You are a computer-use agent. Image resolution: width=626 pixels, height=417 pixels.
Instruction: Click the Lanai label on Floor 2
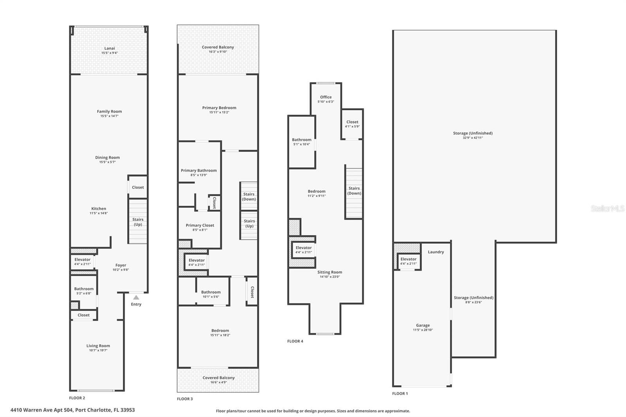[110, 49]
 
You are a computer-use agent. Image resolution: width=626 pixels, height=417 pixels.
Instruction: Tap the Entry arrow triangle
[136, 297]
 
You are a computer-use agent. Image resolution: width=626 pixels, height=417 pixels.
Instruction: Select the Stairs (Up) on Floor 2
[138, 222]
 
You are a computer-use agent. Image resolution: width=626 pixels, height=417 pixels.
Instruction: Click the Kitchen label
[99, 208]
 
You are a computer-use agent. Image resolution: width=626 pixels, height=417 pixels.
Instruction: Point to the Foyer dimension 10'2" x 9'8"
[121, 270]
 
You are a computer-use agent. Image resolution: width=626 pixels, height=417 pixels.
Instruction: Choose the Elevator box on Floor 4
[304, 250]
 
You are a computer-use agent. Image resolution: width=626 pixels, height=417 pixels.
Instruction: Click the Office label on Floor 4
[326, 97]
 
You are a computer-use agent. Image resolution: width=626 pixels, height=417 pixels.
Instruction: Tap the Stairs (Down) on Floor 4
[354, 191]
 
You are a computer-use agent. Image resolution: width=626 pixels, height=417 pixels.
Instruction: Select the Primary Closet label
[200, 225]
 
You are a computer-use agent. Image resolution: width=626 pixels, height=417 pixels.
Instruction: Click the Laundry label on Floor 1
[436, 252]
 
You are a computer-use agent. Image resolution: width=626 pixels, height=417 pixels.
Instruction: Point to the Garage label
[423, 325]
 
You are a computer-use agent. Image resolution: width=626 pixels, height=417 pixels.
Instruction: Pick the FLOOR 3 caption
[185, 399]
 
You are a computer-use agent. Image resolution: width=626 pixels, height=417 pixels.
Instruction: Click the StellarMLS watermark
[607, 209]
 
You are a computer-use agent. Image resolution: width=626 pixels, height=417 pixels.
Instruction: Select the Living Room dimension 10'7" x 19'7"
[98, 350]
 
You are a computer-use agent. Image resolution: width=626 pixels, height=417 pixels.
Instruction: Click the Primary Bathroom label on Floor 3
[199, 171]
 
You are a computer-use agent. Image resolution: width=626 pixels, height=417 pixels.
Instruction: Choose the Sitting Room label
[329, 272]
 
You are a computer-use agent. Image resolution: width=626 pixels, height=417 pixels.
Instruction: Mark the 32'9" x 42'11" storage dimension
[473, 138]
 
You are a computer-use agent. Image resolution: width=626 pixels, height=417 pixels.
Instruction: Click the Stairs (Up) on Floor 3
[249, 223]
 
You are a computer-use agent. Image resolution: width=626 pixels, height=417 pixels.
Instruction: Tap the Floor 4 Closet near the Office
[352, 122]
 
